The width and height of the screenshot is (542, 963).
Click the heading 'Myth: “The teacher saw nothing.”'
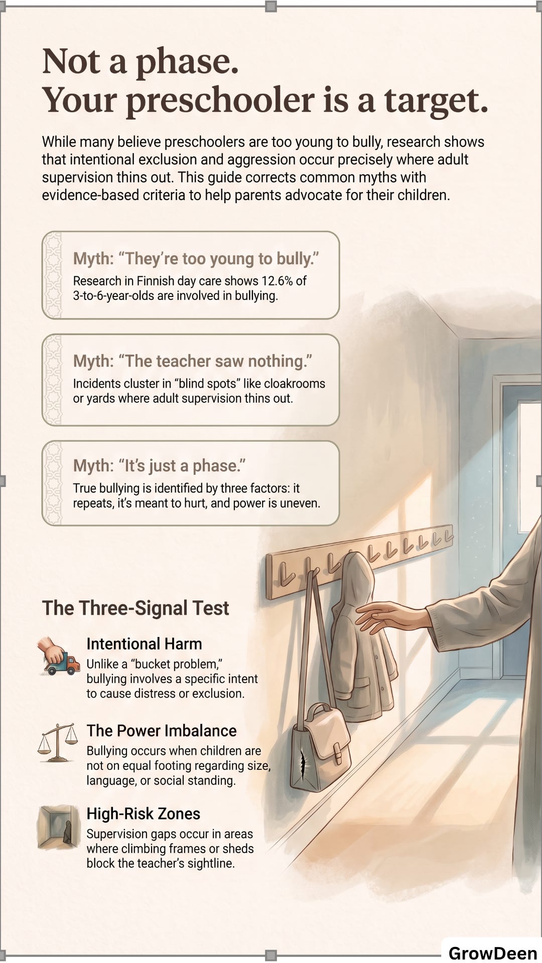click(x=193, y=361)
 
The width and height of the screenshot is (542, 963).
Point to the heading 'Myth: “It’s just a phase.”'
click(x=160, y=466)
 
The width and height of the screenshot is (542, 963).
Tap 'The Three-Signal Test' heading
click(x=135, y=608)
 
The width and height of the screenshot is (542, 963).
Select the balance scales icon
click(x=58, y=743)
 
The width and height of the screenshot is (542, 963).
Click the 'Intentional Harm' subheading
click(x=144, y=644)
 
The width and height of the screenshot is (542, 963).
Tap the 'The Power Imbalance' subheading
click(x=161, y=731)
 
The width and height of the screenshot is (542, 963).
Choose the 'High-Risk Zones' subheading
click(x=143, y=814)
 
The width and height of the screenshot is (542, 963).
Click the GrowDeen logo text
click(x=492, y=952)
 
